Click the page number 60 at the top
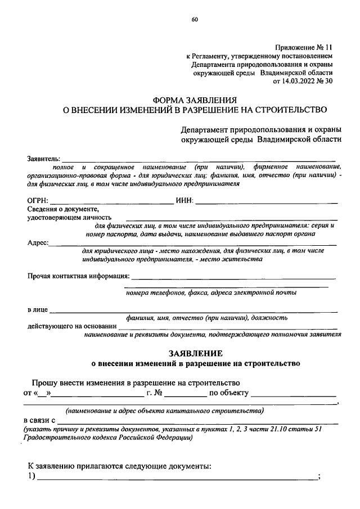click(x=195, y=20)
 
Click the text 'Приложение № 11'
click(x=303, y=48)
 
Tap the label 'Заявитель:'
click(x=44, y=160)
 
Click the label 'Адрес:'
click(x=38, y=243)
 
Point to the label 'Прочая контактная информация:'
click(x=78, y=276)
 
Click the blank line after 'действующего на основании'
click(x=228, y=326)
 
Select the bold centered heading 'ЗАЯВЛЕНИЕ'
click(x=196, y=353)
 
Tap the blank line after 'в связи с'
click(x=197, y=421)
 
